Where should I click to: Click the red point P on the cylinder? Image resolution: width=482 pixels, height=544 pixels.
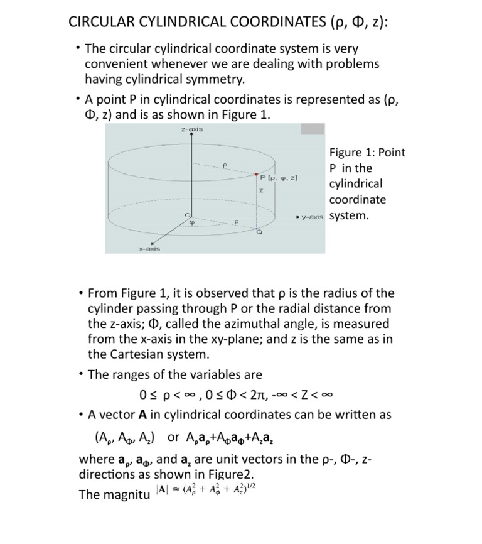point(256,174)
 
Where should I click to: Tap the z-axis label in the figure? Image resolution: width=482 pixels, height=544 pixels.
point(191,129)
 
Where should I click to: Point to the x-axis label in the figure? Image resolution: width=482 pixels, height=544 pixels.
point(149,248)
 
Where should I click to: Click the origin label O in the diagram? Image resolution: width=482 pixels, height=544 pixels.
point(186,215)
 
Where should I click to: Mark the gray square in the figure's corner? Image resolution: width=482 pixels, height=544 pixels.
point(312,129)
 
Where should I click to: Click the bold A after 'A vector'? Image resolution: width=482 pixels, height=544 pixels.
point(142,415)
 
